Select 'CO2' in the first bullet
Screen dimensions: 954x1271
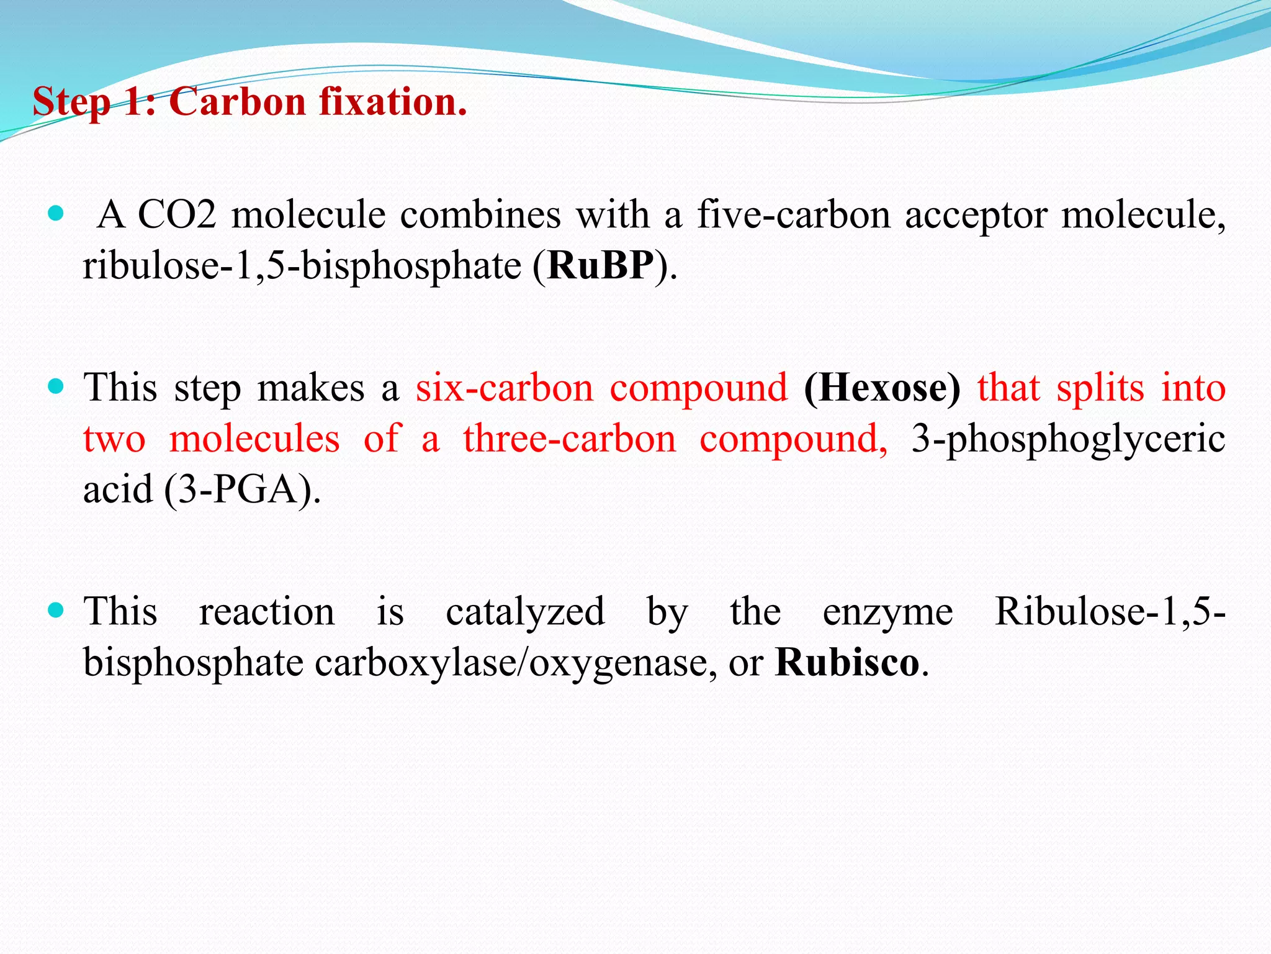(177, 215)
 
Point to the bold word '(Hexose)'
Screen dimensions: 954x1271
(882, 388)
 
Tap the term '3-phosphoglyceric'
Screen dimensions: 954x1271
(1068, 438)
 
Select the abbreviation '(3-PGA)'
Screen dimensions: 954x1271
(243, 489)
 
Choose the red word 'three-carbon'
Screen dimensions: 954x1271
(569, 438)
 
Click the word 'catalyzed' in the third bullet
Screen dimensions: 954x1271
(525, 611)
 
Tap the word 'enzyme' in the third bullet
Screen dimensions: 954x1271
(887, 611)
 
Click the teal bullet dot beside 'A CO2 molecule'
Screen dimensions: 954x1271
(56, 214)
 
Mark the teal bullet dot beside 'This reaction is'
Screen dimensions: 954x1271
(56, 611)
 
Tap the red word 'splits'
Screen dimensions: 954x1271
(1100, 388)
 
